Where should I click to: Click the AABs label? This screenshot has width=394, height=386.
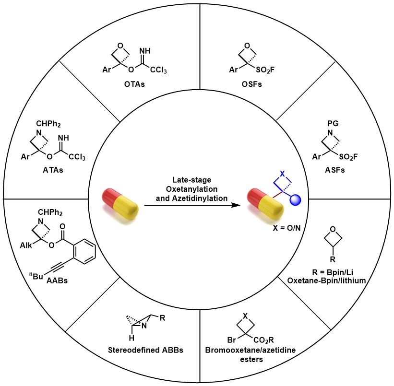tap(58, 281)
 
